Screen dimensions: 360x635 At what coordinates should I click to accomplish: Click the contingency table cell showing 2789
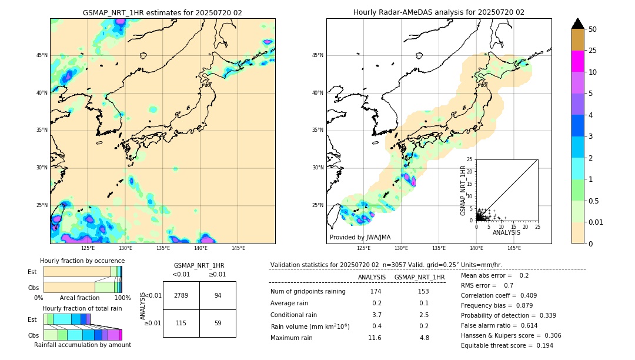(181, 295)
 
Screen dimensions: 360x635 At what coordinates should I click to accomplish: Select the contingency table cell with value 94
(218, 295)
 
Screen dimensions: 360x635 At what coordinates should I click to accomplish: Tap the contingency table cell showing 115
(181, 323)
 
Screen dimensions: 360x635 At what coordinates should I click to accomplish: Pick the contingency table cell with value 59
(218, 323)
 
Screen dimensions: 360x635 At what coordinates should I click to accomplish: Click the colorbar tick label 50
(593, 29)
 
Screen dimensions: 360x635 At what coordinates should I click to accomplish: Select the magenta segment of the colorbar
(577, 61)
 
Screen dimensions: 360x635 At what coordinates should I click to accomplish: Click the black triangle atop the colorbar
(578, 24)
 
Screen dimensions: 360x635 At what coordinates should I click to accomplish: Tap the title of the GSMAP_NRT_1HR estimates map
(162, 12)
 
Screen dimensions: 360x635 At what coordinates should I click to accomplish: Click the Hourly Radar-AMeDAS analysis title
(439, 12)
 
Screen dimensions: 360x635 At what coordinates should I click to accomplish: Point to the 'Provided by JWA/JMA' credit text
(360, 238)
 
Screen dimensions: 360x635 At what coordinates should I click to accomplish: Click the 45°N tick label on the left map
(42, 55)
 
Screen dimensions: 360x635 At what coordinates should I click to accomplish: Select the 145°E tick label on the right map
(514, 248)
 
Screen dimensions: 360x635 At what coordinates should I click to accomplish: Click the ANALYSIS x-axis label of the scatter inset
(506, 232)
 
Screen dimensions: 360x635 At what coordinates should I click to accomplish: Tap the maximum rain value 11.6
(375, 338)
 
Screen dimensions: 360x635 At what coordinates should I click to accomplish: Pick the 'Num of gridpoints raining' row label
(308, 292)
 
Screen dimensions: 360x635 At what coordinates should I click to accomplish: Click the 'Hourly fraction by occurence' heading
(82, 261)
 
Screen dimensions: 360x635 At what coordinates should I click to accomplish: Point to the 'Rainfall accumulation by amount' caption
(82, 345)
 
